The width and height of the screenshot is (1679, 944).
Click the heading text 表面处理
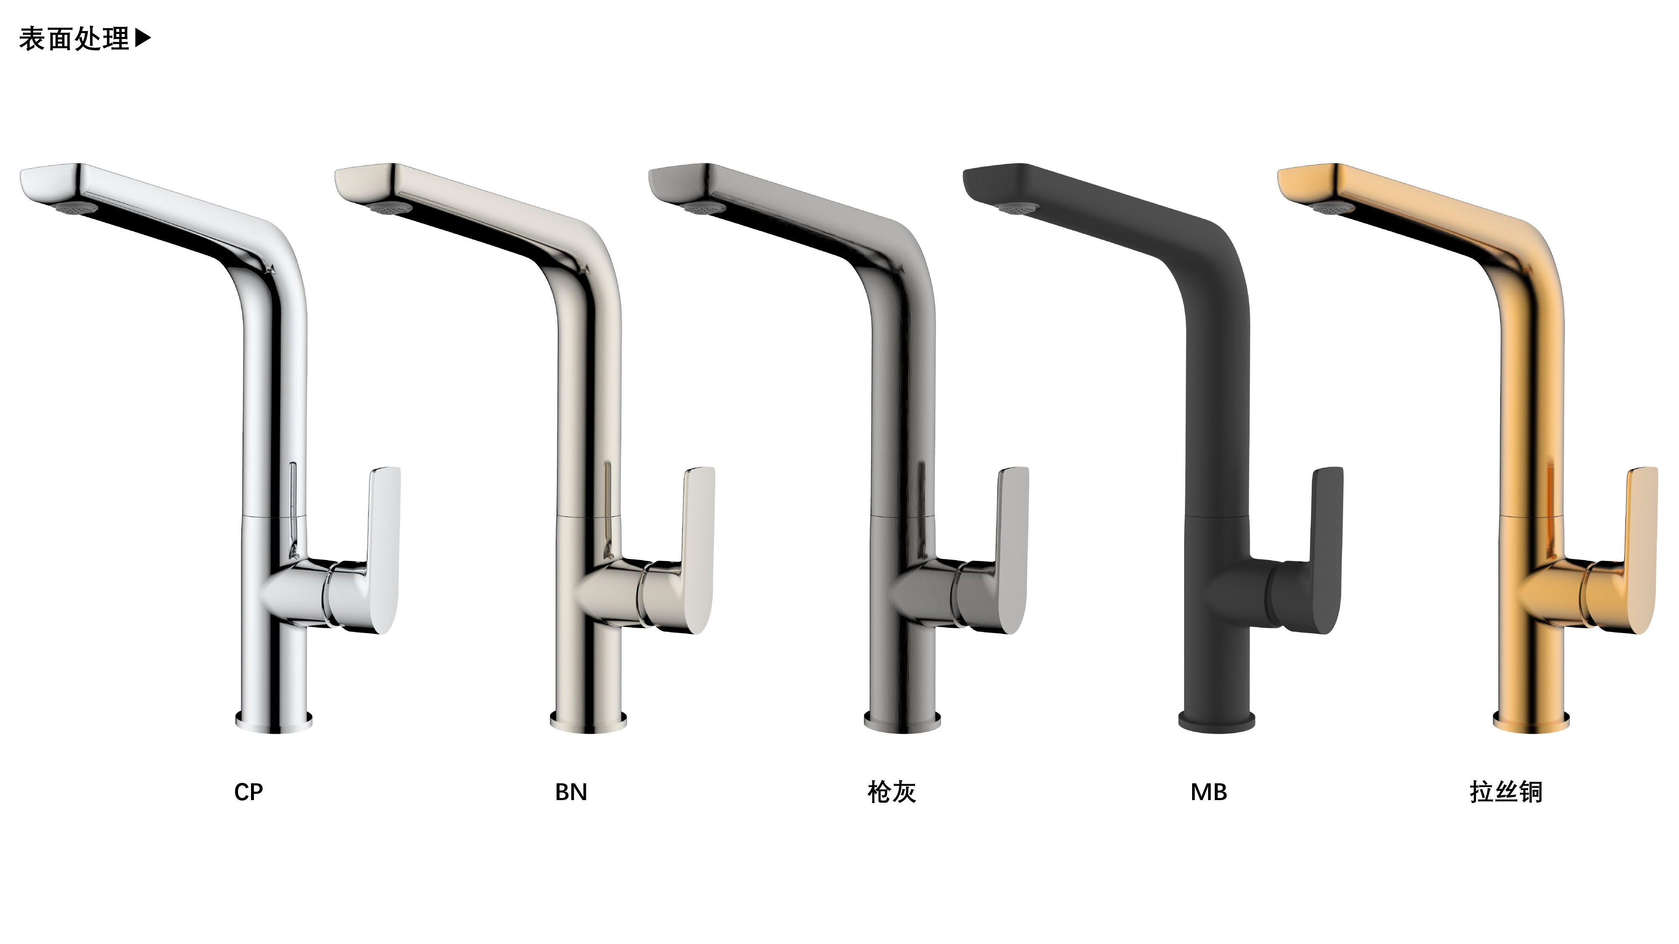74,39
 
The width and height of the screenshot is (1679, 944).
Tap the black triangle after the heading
143,39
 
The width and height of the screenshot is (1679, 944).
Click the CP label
248,792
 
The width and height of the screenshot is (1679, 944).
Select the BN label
571,792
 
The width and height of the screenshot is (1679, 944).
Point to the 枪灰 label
892,792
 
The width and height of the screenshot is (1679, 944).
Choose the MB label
1208,792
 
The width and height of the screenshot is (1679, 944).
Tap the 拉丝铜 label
1506,792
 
